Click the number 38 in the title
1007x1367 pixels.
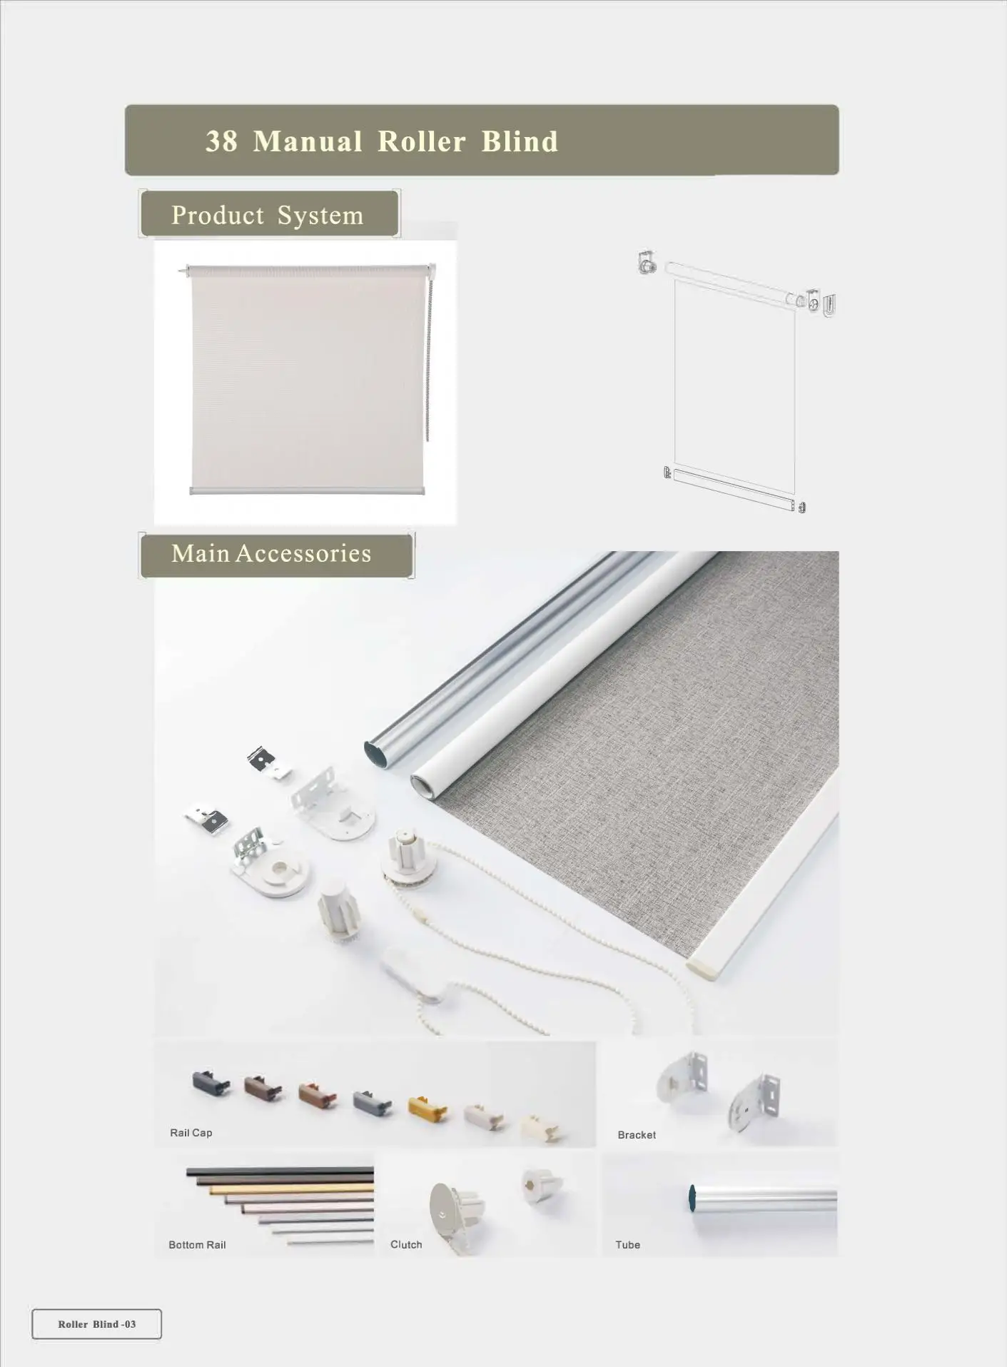(x=221, y=141)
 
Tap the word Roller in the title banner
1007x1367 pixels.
(x=421, y=141)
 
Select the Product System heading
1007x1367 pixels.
(x=268, y=215)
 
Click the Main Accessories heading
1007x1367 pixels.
(x=271, y=553)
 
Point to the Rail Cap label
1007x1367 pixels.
(x=191, y=1133)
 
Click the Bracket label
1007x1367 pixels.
(x=637, y=1135)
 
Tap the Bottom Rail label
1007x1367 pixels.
(x=197, y=1245)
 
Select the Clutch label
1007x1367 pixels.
(x=406, y=1245)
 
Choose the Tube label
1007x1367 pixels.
(x=627, y=1245)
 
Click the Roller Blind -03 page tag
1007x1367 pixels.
(x=97, y=1324)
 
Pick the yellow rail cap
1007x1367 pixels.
(x=427, y=1109)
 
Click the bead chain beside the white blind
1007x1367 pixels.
(x=430, y=357)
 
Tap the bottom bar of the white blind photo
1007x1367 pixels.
(x=307, y=490)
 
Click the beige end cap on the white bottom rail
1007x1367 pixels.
(x=702, y=971)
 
